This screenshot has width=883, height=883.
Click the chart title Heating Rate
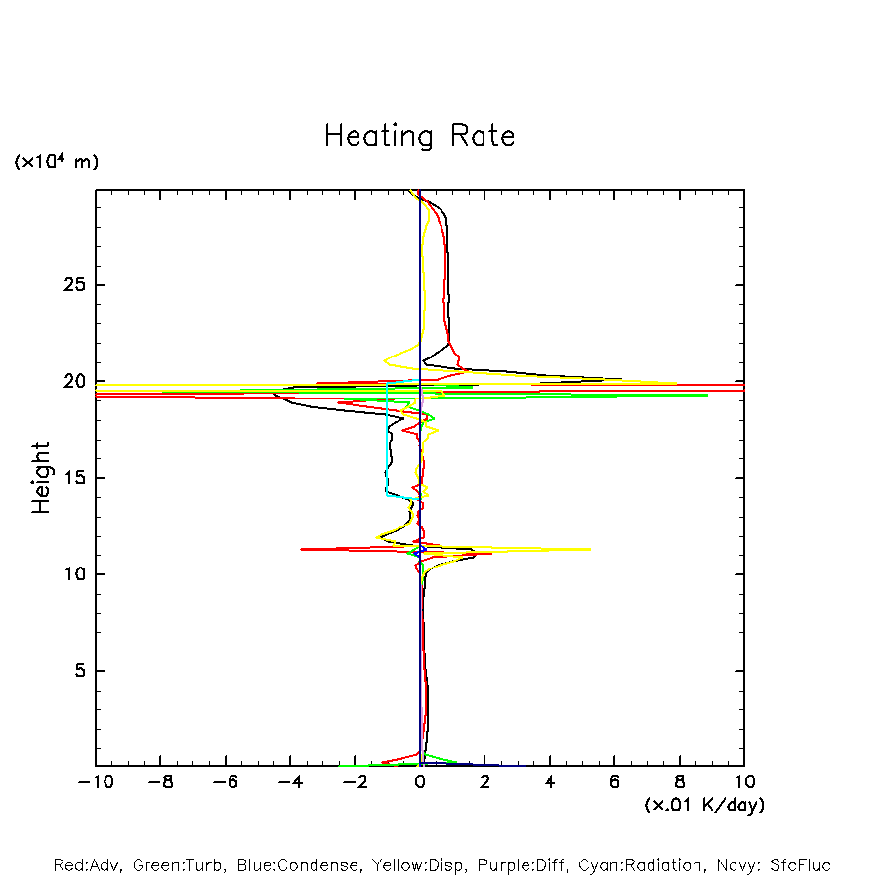[419, 136]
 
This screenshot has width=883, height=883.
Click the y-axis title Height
[41, 477]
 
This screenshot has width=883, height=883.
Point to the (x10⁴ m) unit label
[56, 162]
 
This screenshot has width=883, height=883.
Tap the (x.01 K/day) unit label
[703, 805]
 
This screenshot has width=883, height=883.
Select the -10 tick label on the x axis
[95, 782]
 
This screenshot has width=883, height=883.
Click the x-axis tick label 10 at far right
[744, 782]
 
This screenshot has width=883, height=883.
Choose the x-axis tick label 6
[614, 782]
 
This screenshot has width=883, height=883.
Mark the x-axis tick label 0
[420, 782]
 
